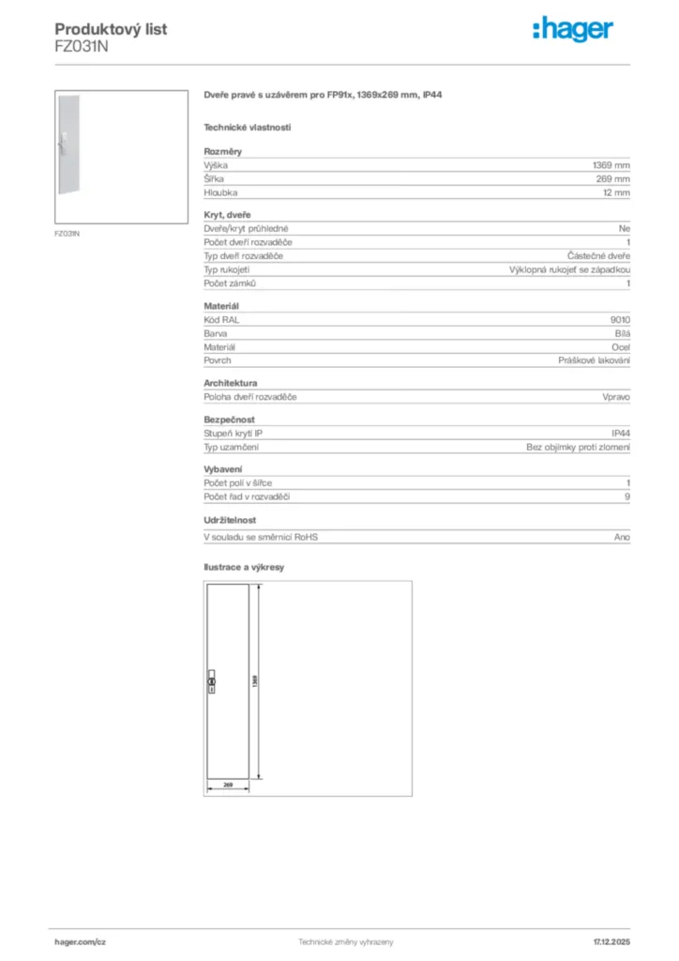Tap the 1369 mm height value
(x=612, y=164)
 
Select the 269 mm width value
(x=614, y=178)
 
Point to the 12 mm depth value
(x=616, y=192)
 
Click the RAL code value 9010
(x=620, y=319)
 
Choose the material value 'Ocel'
(x=621, y=346)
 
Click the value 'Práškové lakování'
(x=595, y=360)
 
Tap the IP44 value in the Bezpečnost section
(x=621, y=434)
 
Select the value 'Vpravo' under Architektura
(x=616, y=397)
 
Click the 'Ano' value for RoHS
(x=622, y=538)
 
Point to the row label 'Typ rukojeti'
(x=227, y=269)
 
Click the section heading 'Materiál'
(x=222, y=306)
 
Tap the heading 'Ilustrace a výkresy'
(x=244, y=568)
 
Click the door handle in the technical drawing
(x=211, y=681)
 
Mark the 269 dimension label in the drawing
(x=227, y=784)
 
